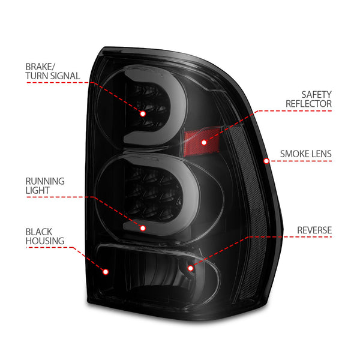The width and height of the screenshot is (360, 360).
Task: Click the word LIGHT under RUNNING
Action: [38, 190]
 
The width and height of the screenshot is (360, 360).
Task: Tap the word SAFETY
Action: [316, 94]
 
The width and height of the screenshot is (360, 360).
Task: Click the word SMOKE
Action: [295, 154]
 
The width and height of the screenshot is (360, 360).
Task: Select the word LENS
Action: [321, 154]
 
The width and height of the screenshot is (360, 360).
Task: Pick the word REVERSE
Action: [314, 229]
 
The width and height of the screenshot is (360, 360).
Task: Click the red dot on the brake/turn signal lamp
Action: [143, 113]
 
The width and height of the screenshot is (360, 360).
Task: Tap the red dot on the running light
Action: [143, 227]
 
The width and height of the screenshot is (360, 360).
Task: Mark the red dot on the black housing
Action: [106, 271]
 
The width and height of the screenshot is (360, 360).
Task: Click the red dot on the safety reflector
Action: [203, 143]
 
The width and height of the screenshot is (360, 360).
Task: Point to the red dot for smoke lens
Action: [266, 160]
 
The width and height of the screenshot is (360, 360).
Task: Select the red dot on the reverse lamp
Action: [190, 268]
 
